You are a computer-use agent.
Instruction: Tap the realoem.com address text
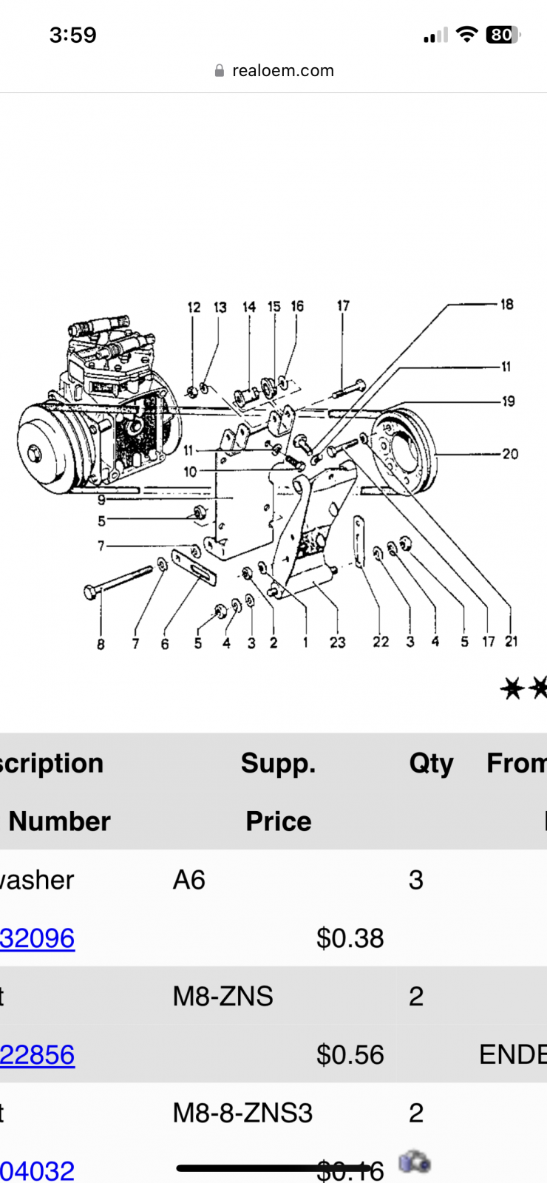(x=282, y=71)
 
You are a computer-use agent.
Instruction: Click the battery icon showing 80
(x=503, y=35)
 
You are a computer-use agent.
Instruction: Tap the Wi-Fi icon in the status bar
(x=466, y=34)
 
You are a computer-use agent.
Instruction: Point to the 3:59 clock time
(x=72, y=35)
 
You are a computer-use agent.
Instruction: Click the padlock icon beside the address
(x=219, y=71)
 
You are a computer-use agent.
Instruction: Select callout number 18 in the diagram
(x=506, y=305)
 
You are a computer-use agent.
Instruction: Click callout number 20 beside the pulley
(x=510, y=454)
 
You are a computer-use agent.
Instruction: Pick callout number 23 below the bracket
(x=338, y=643)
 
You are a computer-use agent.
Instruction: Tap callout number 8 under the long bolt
(x=101, y=644)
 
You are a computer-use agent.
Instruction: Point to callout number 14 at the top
(x=249, y=307)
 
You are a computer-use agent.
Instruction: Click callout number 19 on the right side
(x=509, y=401)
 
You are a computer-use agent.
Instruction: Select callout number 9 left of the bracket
(x=101, y=500)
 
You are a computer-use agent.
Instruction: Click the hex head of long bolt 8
(x=89, y=591)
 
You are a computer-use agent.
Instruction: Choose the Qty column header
(x=431, y=763)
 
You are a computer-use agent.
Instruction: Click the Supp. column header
(x=278, y=763)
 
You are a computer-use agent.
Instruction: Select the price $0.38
(x=350, y=938)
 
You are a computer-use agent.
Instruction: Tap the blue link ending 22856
(x=37, y=1054)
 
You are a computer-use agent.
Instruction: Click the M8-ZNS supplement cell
(x=222, y=997)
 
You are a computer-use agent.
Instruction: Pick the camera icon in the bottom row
(x=414, y=1162)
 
